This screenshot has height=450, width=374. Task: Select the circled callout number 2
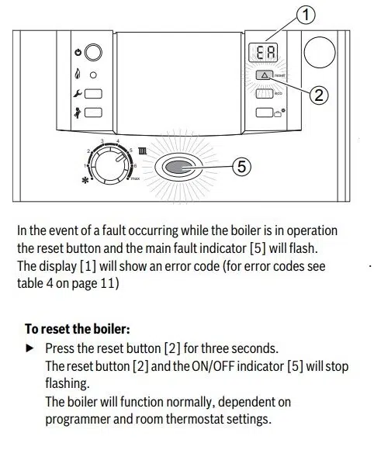pyautogui.click(x=318, y=95)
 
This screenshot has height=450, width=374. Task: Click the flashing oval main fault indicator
pyautogui.click(x=179, y=166)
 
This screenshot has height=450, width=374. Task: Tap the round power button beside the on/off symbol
pyautogui.click(x=94, y=54)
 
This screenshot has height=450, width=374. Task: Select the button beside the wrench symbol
pyautogui.click(x=94, y=94)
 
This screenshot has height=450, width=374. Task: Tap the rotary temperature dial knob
pyautogui.click(x=109, y=164)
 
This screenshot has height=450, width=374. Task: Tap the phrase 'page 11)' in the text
pyautogui.click(x=96, y=283)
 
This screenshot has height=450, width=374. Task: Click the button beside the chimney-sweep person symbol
pyautogui.click(x=94, y=112)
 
